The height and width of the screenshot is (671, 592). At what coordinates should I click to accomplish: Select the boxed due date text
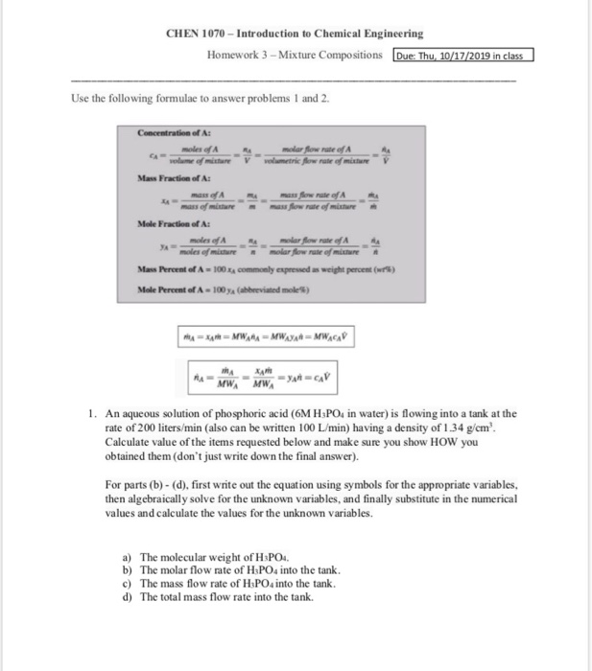tap(462, 55)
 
